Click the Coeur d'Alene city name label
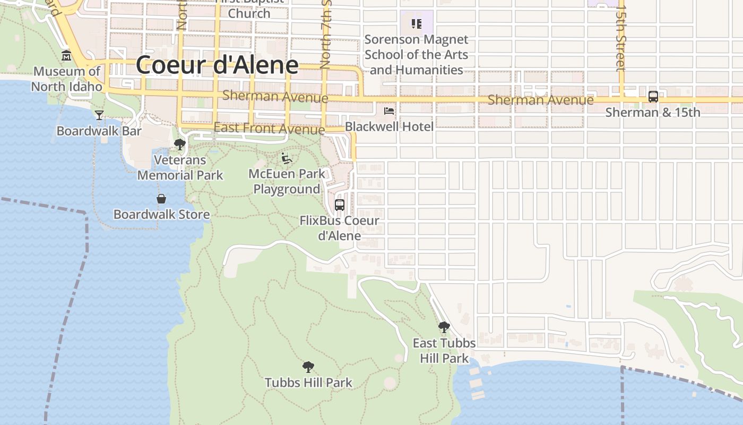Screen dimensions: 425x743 coord(217,65)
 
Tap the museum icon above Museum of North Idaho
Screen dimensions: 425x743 coord(66,55)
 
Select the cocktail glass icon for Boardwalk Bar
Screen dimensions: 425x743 coord(99,115)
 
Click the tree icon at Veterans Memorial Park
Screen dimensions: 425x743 coord(180,144)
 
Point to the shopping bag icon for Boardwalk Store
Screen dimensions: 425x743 coord(161,199)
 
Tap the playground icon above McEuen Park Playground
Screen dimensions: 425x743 coord(287,158)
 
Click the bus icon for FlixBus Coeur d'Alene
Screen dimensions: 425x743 coord(340,205)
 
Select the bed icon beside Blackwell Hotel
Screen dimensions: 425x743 coord(389,110)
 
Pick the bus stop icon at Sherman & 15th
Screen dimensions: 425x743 coord(653,97)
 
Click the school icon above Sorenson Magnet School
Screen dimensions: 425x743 coord(417,23)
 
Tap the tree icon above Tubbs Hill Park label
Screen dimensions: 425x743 coord(308,367)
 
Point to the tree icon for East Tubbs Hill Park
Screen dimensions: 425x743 coord(444,327)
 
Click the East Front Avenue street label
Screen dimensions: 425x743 coord(269,129)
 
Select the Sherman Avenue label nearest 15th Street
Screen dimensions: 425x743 coord(540,100)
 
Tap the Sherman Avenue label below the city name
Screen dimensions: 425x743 coord(275,97)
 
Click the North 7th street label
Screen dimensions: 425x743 coord(325,37)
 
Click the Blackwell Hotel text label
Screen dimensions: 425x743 coord(389,126)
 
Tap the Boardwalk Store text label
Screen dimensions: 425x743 coord(161,215)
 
